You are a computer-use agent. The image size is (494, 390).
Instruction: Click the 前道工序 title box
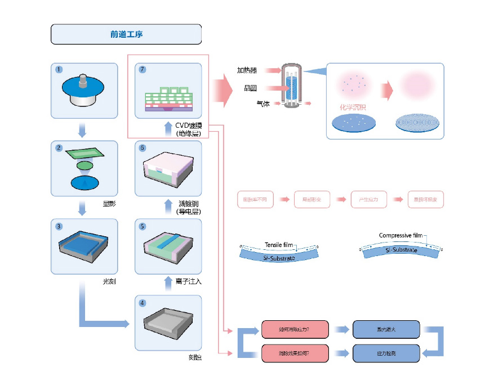[126, 34]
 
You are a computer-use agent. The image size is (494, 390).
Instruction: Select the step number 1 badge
[59, 70]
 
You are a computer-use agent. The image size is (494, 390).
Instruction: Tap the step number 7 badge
[143, 70]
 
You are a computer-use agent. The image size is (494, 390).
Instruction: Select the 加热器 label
[247, 70]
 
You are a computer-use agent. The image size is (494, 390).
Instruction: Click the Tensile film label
[280, 245]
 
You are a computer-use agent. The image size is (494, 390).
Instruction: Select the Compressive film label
[400, 235]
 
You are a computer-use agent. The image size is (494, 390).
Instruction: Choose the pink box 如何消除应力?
[295, 329]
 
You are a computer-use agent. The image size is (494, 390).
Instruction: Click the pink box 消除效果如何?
[295, 353]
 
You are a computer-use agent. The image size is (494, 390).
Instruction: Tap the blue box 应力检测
[386, 353]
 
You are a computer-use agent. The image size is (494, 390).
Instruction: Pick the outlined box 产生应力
[368, 200]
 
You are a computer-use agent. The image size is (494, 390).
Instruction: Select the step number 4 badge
[143, 303]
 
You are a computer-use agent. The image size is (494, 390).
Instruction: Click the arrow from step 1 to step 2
[83, 131]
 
